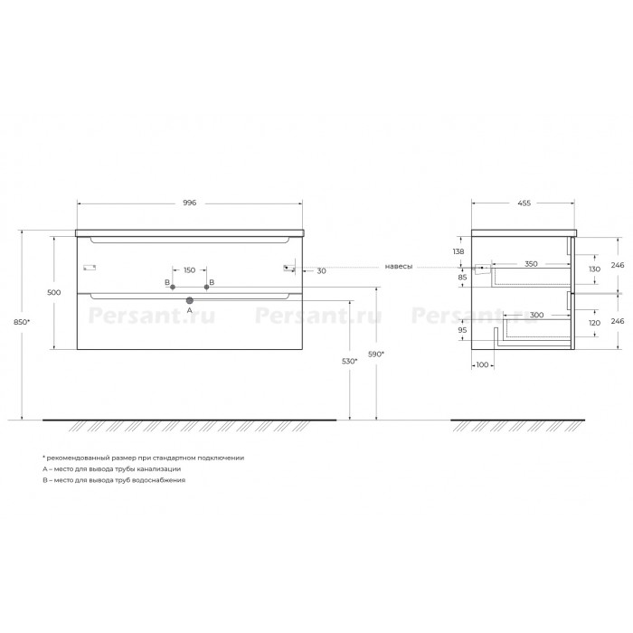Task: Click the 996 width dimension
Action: pyautogui.click(x=189, y=203)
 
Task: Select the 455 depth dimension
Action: pyautogui.click(x=524, y=203)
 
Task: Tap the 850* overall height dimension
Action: pyautogui.click(x=22, y=322)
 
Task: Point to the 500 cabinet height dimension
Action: pyautogui.click(x=54, y=292)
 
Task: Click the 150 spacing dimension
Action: pyautogui.click(x=189, y=270)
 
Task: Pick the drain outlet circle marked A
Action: pyautogui.click(x=189, y=300)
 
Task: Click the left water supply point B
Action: pyautogui.click(x=173, y=287)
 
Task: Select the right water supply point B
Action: pyautogui.click(x=207, y=287)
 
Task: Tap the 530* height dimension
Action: pyautogui.click(x=350, y=362)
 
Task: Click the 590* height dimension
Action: pyautogui.click(x=376, y=354)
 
